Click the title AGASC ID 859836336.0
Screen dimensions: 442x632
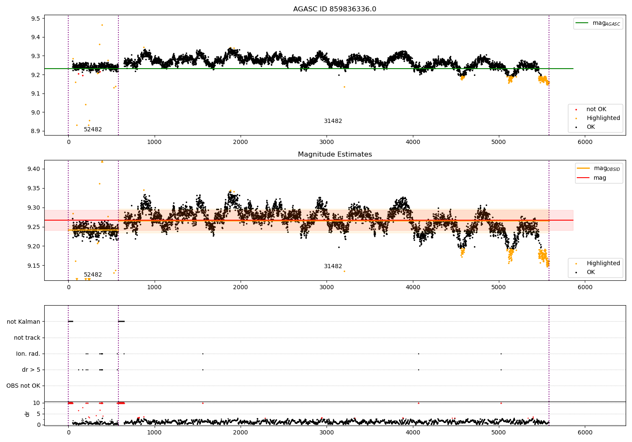click(335, 9)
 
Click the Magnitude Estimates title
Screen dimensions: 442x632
click(335, 154)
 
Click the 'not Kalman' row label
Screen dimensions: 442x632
click(24, 322)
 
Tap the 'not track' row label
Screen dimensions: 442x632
click(27, 338)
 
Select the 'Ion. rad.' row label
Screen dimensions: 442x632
click(28, 354)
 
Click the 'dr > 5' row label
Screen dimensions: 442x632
click(31, 370)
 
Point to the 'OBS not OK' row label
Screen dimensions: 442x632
click(23, 386)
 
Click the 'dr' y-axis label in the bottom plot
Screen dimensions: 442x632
click(27, 414)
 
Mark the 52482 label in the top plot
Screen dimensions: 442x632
click(93, 130)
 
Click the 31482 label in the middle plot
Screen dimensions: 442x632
click(333, 266)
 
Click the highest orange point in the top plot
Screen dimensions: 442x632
click(102, 25)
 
